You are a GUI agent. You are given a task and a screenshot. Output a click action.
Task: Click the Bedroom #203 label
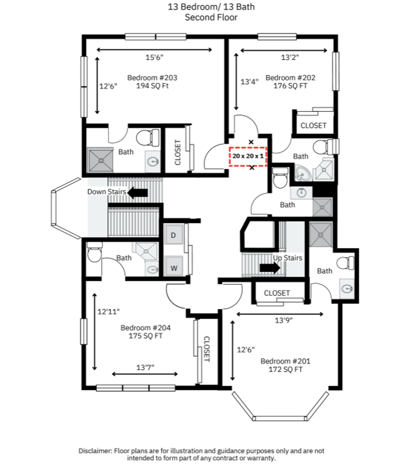(152, 78)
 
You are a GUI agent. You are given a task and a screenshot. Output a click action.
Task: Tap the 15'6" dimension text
(154, 57)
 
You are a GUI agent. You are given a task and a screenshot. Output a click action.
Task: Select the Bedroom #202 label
(290, 78)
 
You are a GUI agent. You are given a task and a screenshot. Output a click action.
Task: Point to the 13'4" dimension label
(249, 82)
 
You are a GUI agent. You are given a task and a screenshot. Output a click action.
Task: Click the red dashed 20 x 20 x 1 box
(248, 156)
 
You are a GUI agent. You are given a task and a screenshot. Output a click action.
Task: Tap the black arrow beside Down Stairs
(137, 193)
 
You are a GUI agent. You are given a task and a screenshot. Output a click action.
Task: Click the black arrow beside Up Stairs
(270, 268)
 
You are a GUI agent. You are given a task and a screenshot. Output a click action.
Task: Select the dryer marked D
(173, 235)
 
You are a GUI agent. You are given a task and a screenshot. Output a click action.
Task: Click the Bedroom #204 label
(146, 328)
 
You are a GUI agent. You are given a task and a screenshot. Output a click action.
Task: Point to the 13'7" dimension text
(145, 368)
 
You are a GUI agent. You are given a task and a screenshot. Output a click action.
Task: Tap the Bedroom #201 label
(286, 361)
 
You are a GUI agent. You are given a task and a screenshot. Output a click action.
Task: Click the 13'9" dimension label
(284, 320)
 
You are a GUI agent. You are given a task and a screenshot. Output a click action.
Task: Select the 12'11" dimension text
(108, 311)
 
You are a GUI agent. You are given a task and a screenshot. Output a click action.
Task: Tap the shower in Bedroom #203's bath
(100, 160)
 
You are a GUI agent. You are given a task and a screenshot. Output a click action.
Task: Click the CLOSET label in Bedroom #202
(313, 126)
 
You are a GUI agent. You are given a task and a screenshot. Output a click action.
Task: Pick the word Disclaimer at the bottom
(95, 451)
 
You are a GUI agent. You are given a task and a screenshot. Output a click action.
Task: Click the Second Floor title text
(211, 18)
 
